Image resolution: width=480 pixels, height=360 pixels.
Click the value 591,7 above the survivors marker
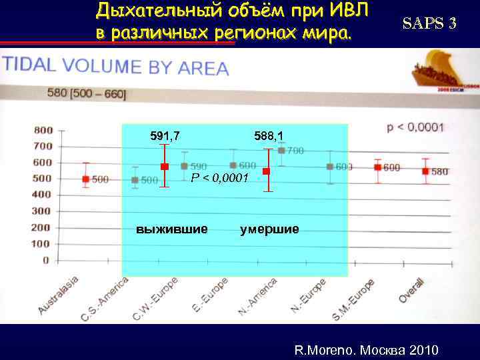point(165,136)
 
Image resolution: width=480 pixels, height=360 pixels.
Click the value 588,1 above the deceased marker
point(269,136)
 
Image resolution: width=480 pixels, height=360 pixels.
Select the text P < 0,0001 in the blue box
point(219,178)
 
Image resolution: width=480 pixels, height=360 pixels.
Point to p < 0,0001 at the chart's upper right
point(415,127)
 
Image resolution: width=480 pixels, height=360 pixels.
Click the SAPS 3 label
point(429,24)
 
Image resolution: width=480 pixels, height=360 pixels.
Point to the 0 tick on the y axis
point(46,260)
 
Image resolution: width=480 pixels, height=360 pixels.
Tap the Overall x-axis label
point(412,290)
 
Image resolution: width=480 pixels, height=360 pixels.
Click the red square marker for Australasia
point(85,179)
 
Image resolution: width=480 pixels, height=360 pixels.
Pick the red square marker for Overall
point(425,171)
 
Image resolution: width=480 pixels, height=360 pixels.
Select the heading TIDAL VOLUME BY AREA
point(116,67)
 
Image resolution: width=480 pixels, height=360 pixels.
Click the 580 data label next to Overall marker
point(440,171)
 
